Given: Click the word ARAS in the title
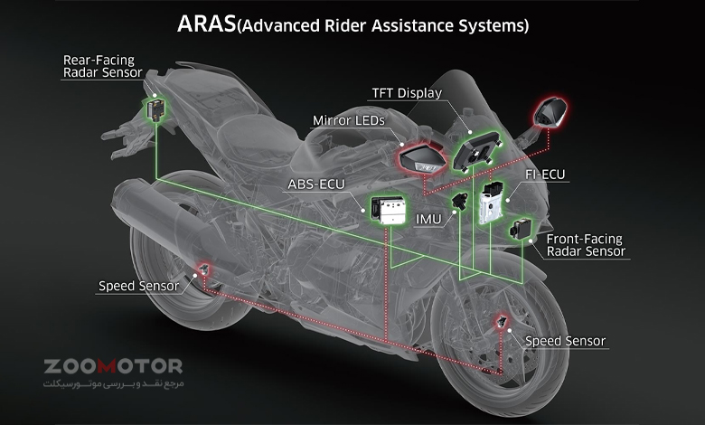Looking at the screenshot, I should pyautogui.click(x=205, y=24).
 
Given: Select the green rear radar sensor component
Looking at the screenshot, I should pyautogui.click(x=155, y=110).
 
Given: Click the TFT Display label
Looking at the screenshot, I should pyautogui.click(x=407, y=92).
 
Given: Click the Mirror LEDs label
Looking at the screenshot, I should pyautogui.click(x=349, y=119).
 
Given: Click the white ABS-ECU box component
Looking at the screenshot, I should pyautogui.click(x=390, y=209).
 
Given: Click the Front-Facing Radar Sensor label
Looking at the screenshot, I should pyautogui.click(x=585, y=245).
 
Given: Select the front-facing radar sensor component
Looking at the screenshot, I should pyautogui.click(x=521, y=229).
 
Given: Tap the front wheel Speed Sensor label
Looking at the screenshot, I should pyautogui.click(x=566, y=341).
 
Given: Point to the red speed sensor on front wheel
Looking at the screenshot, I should pyautogui.click(x=500, y=323).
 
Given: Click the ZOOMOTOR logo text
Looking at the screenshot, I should pyautogui.click(x=113, y=366).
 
